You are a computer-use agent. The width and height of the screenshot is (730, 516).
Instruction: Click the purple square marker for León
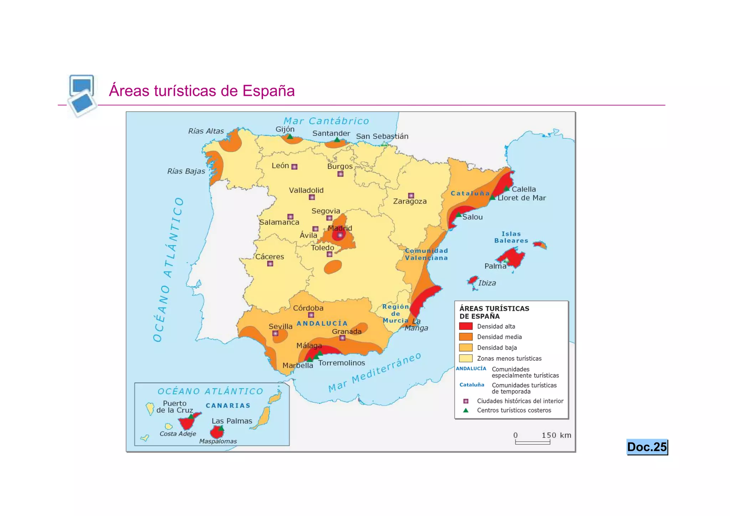point(294,167)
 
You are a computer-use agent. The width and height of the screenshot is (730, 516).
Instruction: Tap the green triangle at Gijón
point(290,137)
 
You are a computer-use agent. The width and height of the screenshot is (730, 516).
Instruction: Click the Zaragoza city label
point(410,201)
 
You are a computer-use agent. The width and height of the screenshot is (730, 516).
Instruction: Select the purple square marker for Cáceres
point(270,264)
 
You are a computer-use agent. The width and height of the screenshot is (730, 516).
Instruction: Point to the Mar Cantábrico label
point(326,121)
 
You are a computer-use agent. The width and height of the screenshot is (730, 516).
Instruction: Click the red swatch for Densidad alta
point(466,326)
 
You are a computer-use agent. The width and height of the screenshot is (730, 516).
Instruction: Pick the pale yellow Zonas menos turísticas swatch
point(466,358)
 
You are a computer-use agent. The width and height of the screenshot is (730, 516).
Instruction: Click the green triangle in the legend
point(466,410)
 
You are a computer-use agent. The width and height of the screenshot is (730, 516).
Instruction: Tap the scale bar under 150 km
point(533,443)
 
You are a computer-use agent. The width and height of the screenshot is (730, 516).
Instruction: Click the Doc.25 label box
point(647,447)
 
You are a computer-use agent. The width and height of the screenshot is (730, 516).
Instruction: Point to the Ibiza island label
point(487,283)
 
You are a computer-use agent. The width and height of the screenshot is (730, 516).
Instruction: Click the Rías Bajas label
point(186,172)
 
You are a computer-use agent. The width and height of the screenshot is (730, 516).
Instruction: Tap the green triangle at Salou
point(459,215)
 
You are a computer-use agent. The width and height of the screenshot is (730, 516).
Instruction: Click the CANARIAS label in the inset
point(228,406)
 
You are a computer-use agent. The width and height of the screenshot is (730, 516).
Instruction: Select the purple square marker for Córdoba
point(311,315)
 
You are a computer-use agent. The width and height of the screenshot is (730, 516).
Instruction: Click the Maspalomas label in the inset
point(218,441)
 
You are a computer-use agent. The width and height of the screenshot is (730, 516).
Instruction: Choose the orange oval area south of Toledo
point(333,267)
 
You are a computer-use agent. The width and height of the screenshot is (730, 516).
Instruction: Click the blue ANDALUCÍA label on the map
point(322,323)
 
